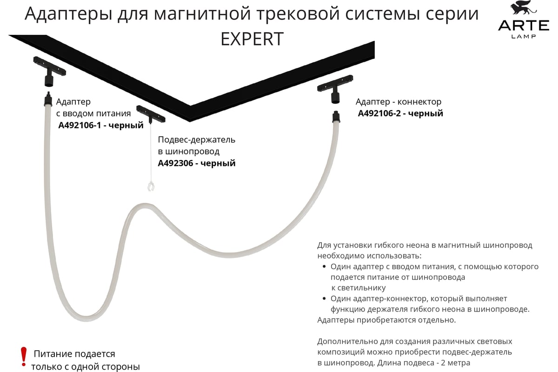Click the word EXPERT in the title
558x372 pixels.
(x=252, y=39)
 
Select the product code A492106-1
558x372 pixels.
(x=80, y=125)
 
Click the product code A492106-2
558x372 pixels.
(x=379, y=113)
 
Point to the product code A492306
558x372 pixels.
(x=176, y=163)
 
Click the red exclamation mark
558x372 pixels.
(x=24, y=357)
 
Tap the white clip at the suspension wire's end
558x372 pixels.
(x=151, y=186)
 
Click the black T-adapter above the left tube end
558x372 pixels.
(x=50, y=71)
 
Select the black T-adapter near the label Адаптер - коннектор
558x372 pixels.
(x=335, y=89)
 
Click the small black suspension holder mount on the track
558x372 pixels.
(x=151, y=114)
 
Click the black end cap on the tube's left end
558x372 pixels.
(x=48, y=99)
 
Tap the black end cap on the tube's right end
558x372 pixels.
(x=336, y=117)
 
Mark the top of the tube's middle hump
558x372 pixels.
(x=145, y=206)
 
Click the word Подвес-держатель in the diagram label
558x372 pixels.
(x=197, y=140)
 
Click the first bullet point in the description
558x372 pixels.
(x=324, y=266)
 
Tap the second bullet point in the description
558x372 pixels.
(x=324, y=299)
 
